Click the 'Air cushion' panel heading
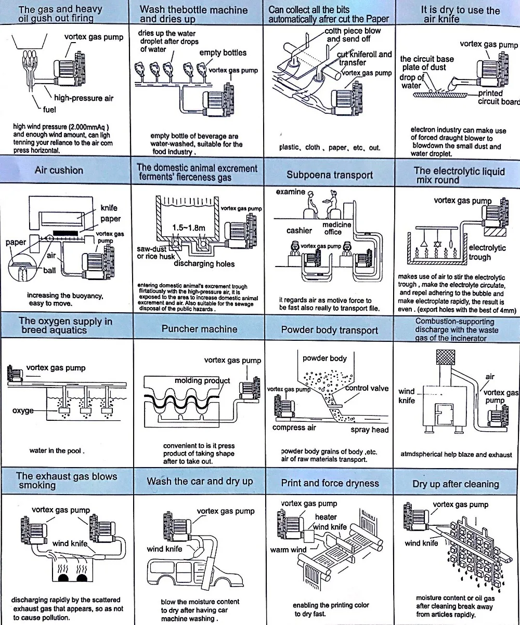(59, 170)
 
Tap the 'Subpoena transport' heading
(330, 175)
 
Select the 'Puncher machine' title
(199, 329)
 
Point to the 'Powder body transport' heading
(329, 330)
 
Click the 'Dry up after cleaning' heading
(456, 484)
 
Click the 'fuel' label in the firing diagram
(50, 110)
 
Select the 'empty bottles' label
(223, 52)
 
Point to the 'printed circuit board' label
(498, 97)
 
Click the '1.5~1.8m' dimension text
(189, 228)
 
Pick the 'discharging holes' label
(204, 264)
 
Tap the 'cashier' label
(299, 231)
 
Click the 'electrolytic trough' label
(487, 252)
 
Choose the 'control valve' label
(367, 388)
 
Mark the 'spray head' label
(369, 430)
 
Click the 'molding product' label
(202, 381)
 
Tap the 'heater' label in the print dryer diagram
(326, 517)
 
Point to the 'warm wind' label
(288, 550)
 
